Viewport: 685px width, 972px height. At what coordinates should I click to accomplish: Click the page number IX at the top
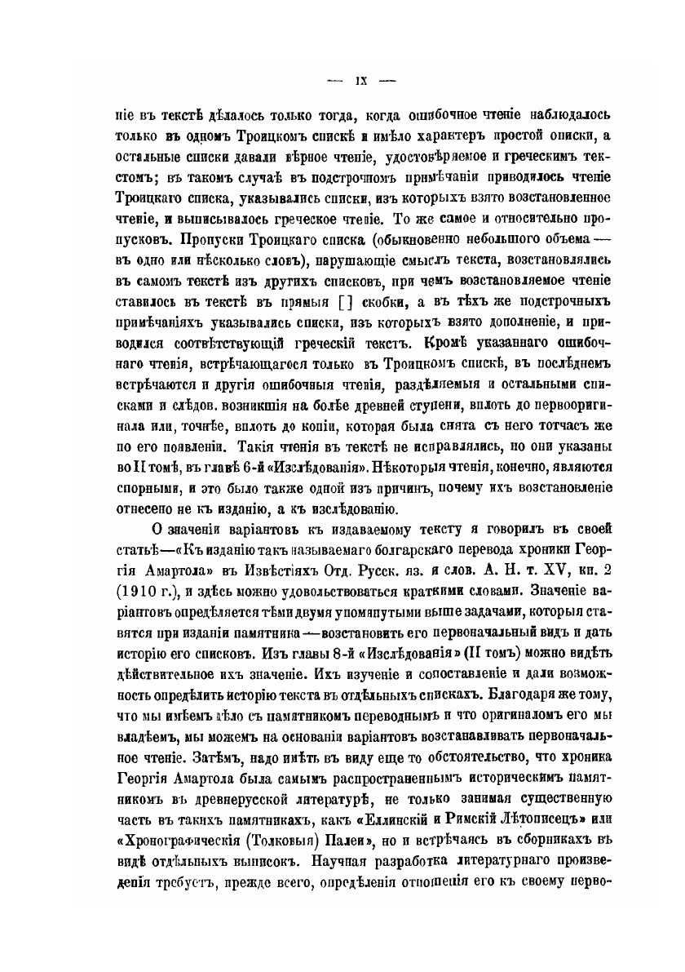pos(360,81)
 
